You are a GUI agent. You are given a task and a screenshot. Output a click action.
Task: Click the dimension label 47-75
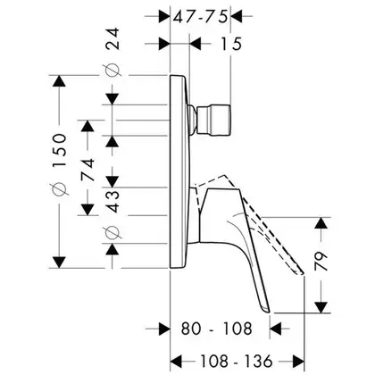click(200, 16)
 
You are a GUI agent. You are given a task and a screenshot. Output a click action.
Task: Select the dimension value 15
click(231, 44)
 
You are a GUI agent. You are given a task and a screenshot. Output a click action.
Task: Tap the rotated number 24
click(112, 38)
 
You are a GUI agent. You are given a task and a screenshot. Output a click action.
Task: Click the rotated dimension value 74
click(87, 170)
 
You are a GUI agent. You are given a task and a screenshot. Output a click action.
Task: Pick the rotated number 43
click(112, 202)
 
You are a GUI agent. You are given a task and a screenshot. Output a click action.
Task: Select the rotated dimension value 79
click(321, 261)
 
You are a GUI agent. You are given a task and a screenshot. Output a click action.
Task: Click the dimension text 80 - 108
click(217, 329)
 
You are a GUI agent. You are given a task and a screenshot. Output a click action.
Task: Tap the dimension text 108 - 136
click(237, 361)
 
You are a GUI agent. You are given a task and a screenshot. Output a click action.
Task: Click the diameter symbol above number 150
click(59, 189)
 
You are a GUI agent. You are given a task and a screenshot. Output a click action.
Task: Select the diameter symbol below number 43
click(112, 233)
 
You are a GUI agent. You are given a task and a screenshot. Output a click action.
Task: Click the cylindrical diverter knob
click(213, 120)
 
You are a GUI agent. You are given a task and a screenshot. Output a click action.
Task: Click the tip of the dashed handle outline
click(302, 273)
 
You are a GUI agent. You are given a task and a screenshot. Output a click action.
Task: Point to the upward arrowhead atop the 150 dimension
click(59, 80)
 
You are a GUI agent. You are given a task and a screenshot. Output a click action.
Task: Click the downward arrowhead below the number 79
click(321, 307)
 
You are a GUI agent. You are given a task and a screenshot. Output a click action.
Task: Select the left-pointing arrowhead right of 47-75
click(237, 16)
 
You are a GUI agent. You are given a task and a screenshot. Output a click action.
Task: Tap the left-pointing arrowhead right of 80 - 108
click(276, 329)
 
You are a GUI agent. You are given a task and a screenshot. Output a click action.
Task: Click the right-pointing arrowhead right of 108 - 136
click(298, 361)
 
